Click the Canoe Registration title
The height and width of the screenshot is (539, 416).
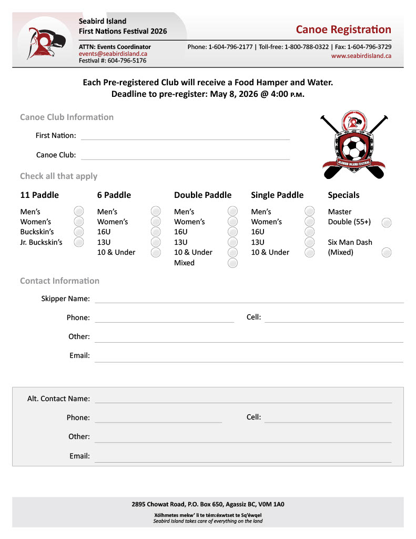click(x=343, y=29)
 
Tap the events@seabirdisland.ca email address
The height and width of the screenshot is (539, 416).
click(x=113, y=54)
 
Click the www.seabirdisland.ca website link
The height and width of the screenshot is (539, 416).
click(x=361, y=56)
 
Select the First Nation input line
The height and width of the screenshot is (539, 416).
click(x=185, y=136)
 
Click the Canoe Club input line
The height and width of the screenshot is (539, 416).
click(x=185, y=155)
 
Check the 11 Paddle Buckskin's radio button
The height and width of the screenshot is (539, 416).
click(x=79, y=232)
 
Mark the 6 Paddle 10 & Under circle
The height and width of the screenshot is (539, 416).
click(x=156, y=252)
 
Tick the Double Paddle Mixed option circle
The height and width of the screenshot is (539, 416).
click(x=232, y=263)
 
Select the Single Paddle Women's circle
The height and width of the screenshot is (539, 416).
click(x=310, y=222)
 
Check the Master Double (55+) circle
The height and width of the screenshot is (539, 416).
click(x=387, y=222)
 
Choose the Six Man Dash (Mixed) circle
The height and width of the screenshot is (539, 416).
click(x=387, y=253)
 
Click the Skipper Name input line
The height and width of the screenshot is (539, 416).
click(x=249, y=299)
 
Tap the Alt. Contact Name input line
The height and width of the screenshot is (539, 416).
click(x=243, y=399)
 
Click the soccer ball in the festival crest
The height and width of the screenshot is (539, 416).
click(x=354, y=149)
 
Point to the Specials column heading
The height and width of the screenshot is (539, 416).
click(x=343, y=195)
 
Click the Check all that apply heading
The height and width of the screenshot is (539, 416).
click(x=58, y=176)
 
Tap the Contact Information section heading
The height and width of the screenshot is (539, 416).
click(x=59, y=281)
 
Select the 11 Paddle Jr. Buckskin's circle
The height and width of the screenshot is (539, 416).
click(x=79, y=242)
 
